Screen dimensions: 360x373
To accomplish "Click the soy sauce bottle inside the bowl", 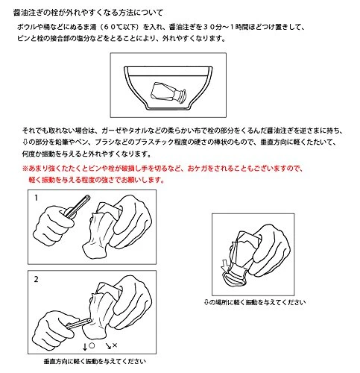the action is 168,93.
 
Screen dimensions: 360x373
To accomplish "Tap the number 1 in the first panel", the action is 37,198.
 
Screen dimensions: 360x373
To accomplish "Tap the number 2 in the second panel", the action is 37,279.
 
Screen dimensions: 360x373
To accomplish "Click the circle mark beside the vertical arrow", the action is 92,345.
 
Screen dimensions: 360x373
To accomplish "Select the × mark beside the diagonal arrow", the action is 115,345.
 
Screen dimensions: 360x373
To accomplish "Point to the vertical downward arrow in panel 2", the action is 85,347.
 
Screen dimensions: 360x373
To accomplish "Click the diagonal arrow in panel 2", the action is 108,346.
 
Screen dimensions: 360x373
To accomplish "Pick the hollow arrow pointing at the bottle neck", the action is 225,265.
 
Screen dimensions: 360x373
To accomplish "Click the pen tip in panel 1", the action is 87,198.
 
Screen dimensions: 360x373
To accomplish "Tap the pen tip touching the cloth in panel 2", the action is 89,321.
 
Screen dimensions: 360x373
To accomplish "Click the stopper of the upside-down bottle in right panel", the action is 234,278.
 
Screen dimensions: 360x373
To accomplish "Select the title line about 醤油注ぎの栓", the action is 88,13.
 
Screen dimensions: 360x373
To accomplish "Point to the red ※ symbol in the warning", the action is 25,169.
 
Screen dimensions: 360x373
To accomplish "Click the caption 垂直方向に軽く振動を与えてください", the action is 95,361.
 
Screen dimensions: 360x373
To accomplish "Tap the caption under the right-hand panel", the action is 255,302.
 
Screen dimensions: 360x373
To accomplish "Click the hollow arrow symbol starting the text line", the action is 25,142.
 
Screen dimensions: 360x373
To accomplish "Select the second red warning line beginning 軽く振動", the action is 96,180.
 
